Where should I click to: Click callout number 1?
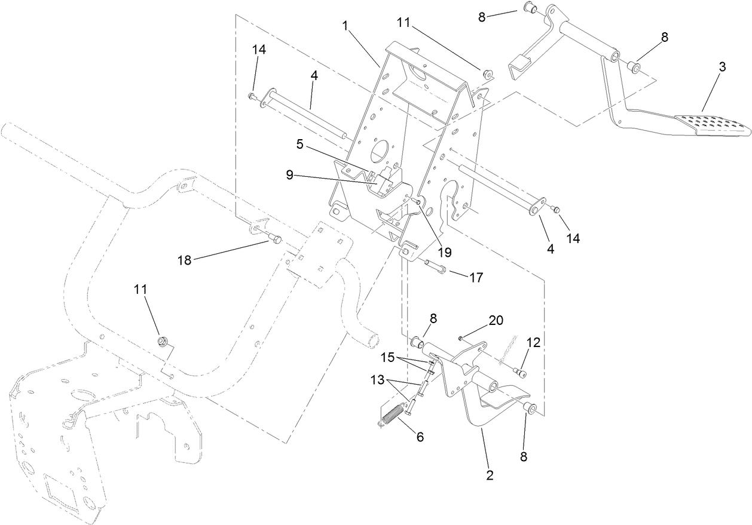click(x=345, y=26)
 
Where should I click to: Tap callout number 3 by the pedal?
click(x=722, y=67)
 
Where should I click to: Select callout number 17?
click(x=476, y=277)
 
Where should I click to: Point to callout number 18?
click(x=185, y=260)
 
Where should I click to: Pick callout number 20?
click(x=496, y=321)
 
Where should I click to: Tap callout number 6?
click(x=420, y=437)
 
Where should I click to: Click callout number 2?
click(x=490, y=475)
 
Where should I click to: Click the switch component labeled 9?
click(x=381, y=180)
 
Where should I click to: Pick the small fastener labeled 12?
click(x=519, y=373)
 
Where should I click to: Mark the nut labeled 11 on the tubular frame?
click(x=161, y=341)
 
